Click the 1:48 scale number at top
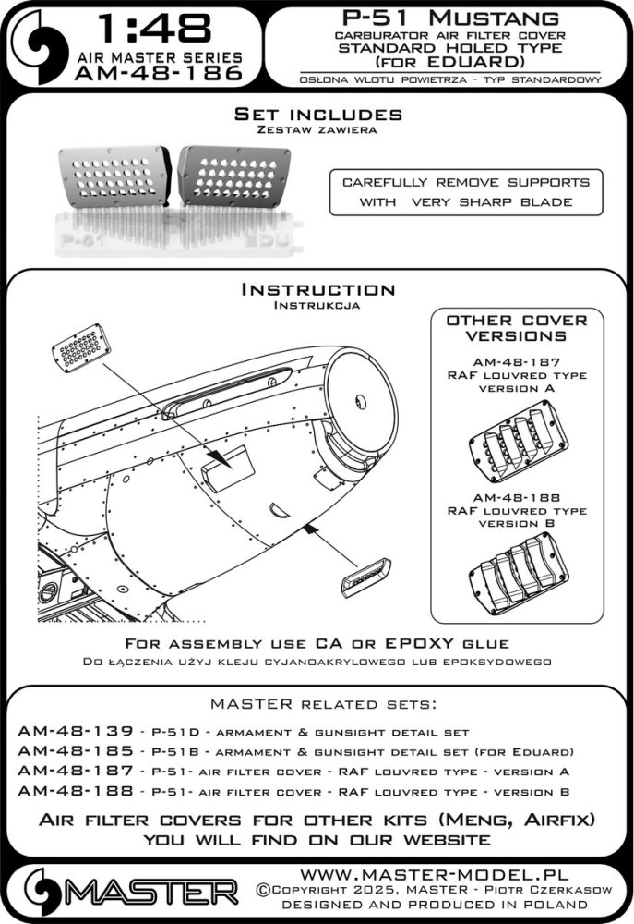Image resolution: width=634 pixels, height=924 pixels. click(x=151, y=30)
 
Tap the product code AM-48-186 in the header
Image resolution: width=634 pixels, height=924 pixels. click(x=151, y=71)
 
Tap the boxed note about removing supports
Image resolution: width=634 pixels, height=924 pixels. click(x=466, y=192)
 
